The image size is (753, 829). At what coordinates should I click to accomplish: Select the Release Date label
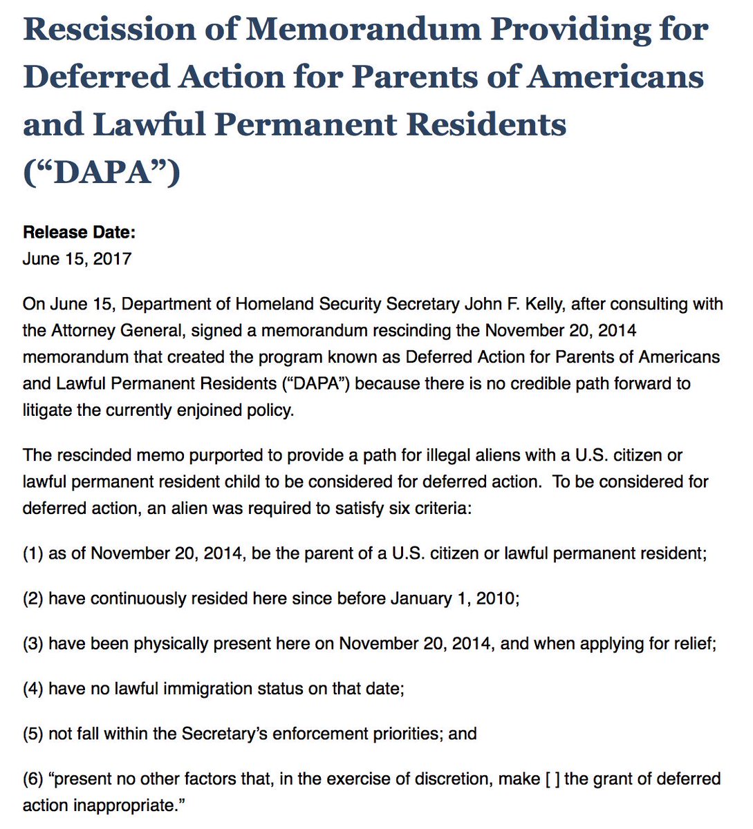pyautogui.click(x=79, y=232)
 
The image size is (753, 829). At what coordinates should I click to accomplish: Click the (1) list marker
pyautogui.click(x=32, y=553)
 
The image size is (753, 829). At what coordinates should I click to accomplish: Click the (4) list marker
pyautogui.click(x=32, y=689)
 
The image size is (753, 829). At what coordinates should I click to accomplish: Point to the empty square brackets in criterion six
pyautogui.click(x=552, y=779)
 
